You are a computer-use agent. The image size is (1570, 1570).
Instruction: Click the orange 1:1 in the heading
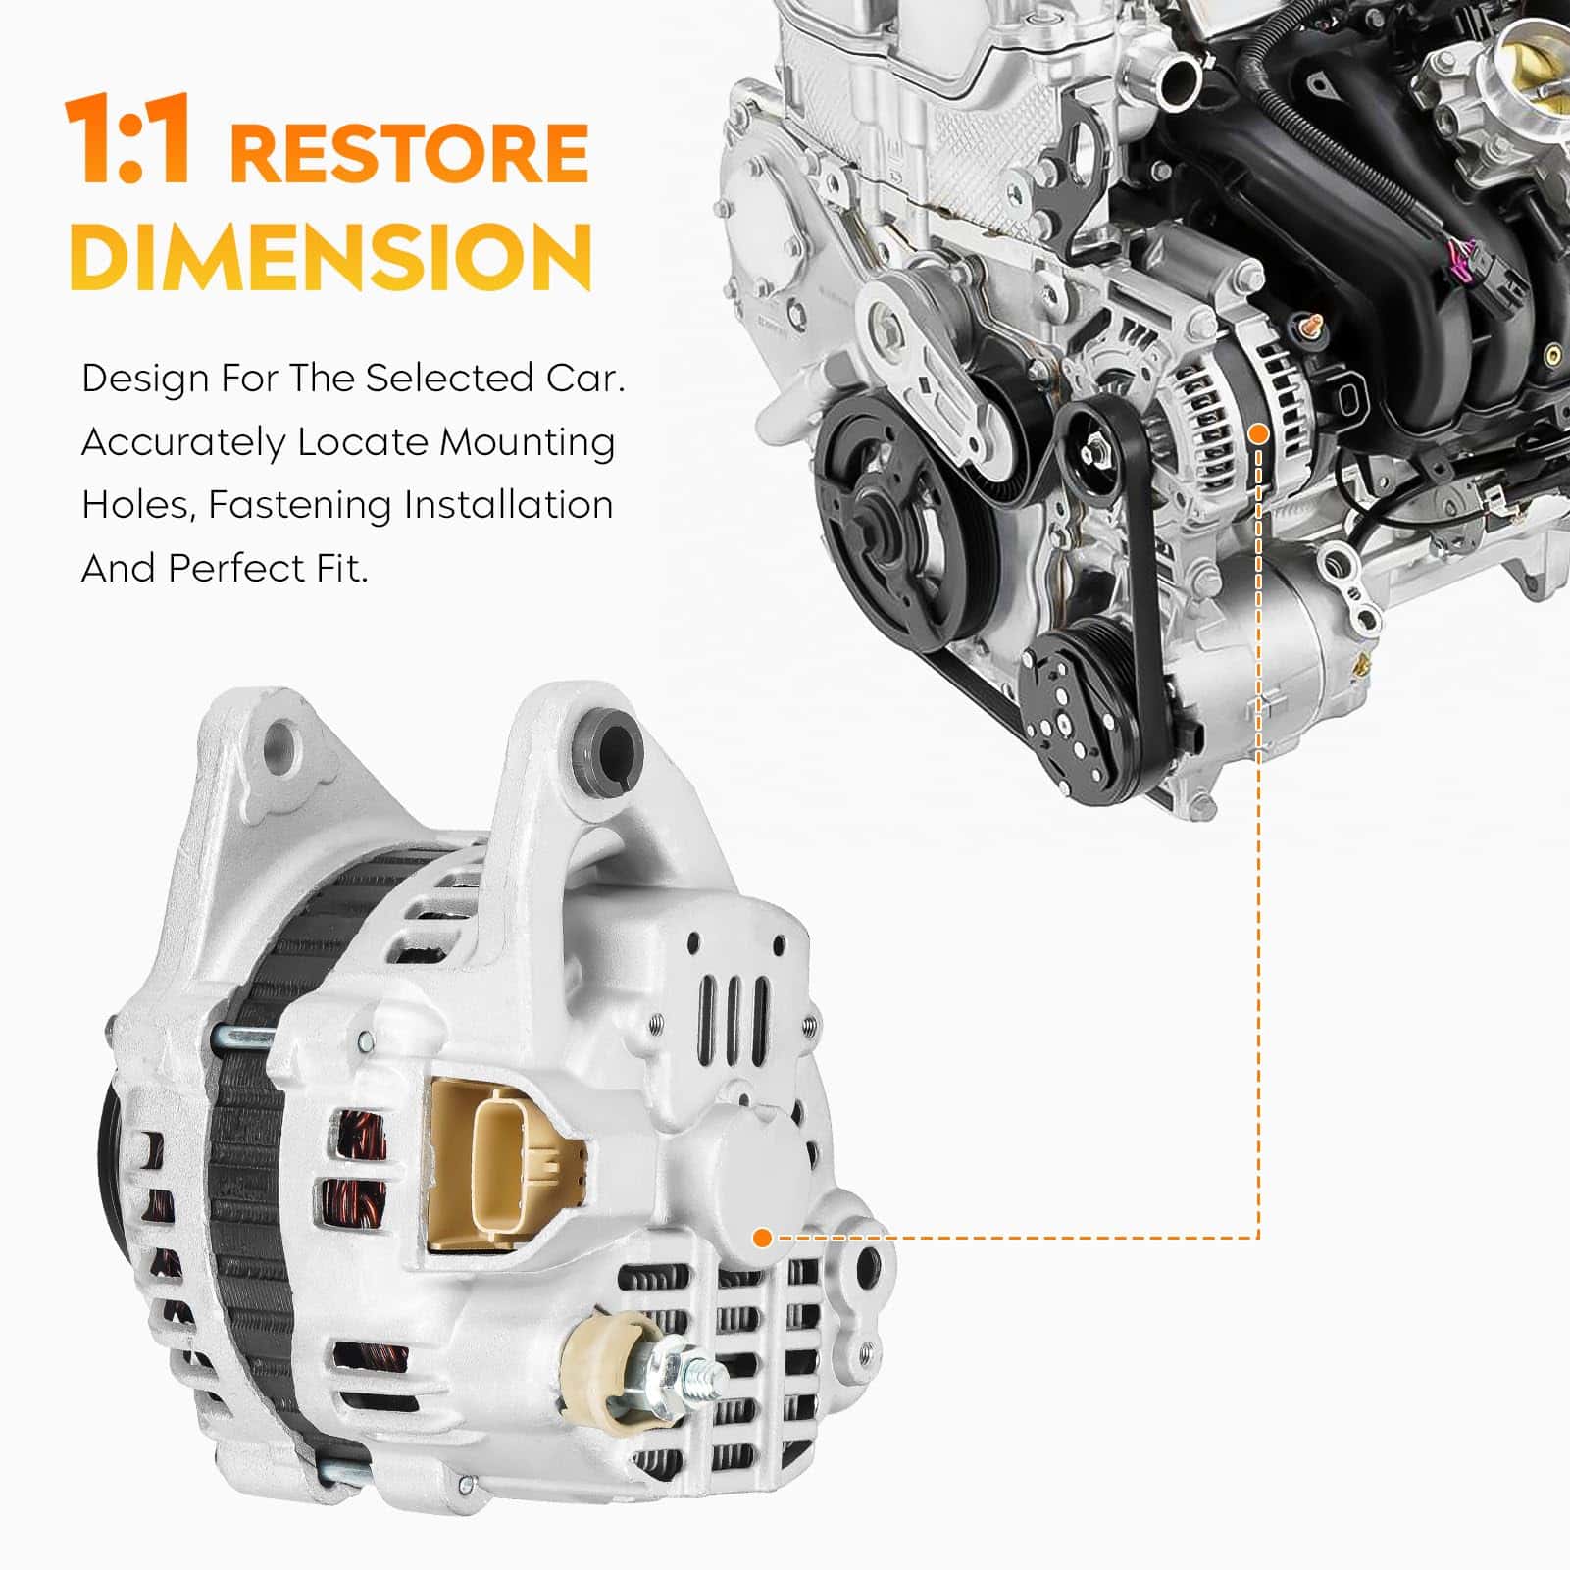pyautogui.click(x=127, y=140)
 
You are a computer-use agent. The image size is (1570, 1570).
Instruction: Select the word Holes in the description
pyautogui.click(x=138, y=506)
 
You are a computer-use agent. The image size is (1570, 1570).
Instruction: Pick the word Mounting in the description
pyautogui.click(x=528, y=443)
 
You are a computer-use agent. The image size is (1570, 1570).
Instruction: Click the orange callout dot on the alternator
pyautogui.click(x=762, y=1238)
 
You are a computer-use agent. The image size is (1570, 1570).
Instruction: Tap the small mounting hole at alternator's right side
pyautogui.click(x=866, y=1268)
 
